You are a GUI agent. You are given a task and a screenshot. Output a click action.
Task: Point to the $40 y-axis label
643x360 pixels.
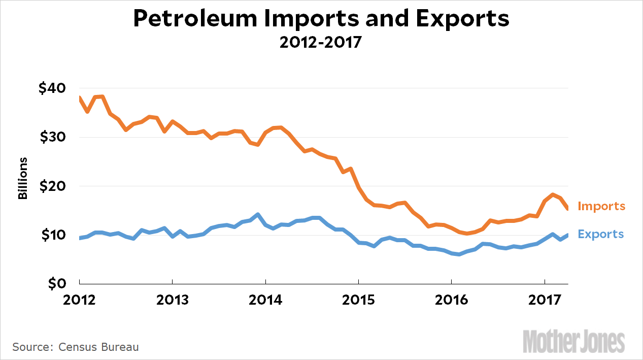(52, 88)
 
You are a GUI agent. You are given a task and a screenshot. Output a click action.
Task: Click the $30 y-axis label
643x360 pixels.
(52, 137)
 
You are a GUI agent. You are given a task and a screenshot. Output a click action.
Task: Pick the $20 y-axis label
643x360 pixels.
(52, 186)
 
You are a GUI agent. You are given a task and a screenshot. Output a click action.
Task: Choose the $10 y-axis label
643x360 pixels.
(52, 235)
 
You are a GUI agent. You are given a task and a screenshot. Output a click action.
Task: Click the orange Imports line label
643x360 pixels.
(601, 206)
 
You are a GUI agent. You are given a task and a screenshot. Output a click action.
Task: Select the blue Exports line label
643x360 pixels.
(600, 234)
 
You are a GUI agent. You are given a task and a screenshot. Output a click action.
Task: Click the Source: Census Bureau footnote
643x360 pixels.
(75, 347)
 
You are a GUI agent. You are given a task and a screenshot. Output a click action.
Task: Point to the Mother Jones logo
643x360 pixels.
(573, 341)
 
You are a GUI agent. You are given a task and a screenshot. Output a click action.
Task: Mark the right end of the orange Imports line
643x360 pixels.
(567, 207)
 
